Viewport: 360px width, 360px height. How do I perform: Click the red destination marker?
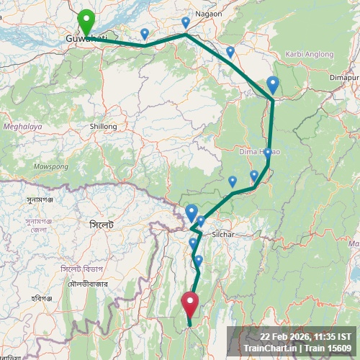click(190, 303)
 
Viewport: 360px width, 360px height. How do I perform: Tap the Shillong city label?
click(103, 127)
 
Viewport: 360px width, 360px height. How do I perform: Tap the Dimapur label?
click(345, 77)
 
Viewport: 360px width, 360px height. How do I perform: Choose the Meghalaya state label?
click(22, 126)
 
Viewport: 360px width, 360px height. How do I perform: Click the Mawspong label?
click(50, 166)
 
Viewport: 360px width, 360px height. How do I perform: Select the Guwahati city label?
click(86, 38)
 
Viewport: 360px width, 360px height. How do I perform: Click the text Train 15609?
click(328, 348)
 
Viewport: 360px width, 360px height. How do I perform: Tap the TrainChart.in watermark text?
click(270, 348)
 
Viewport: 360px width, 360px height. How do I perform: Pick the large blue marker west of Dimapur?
click(272, 85)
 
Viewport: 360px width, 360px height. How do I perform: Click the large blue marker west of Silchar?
click(191, 212)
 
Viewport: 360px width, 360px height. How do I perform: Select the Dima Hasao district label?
click(259, 153)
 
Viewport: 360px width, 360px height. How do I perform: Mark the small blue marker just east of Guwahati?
click(145, 33)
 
